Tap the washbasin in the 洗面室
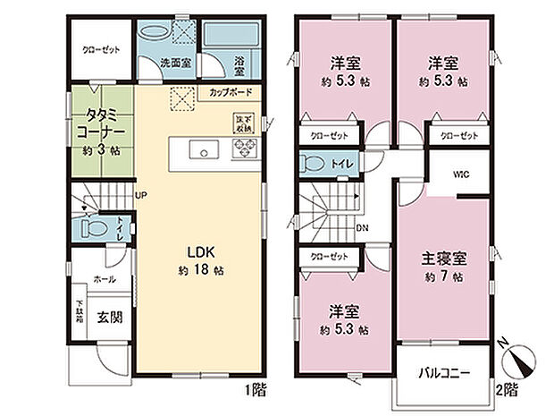[156, 30]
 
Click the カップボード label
[231, 92]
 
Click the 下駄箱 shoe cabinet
[79, 316]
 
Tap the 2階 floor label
[508, 392]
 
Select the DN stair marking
[362, 228]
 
